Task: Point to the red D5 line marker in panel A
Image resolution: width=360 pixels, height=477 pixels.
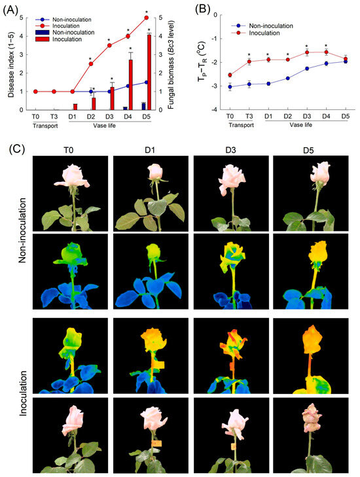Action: point(145,18)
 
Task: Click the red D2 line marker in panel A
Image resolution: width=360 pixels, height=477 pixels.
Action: point(90,63)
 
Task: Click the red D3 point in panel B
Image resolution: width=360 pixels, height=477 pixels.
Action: point(306,52)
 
